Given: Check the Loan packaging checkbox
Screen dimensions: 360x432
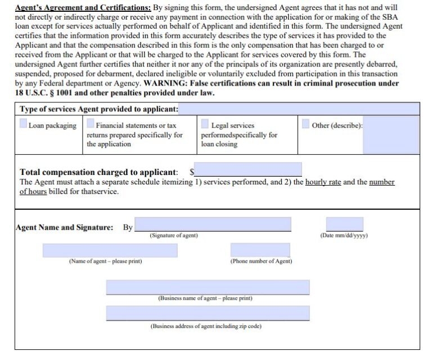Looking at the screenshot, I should click(x=23, y=124).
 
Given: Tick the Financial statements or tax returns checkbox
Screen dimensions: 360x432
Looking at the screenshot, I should click(x=91, y=124).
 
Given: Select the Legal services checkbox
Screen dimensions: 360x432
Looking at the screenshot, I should click(x=205, y=124).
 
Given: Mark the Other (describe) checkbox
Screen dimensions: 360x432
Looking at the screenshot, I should click(x=305, y=124).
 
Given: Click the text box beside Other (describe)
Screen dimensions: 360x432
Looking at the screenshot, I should click(x=391, y=135).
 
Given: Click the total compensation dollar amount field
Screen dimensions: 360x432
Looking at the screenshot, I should click(x=248, y=169).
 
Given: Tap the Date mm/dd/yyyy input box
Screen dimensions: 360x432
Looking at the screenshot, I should click(x=344, y=224).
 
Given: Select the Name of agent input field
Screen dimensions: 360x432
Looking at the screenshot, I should click(x=110, y=250).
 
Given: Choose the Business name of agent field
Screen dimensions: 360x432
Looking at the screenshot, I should click(x=208, y=287).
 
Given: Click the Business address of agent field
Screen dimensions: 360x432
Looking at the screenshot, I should click(x=208, y=313).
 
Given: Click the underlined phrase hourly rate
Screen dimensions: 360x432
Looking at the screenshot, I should click(x=323, y=182).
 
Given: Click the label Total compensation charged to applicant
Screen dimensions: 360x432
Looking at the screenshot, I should click(x=98, y=172).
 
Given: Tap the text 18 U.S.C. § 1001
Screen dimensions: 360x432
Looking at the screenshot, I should click(x=44, y=92).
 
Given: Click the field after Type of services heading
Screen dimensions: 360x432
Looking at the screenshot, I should click(x=299, y=109).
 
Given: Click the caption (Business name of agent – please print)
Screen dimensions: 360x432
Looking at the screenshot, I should click(x=205, y=298).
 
